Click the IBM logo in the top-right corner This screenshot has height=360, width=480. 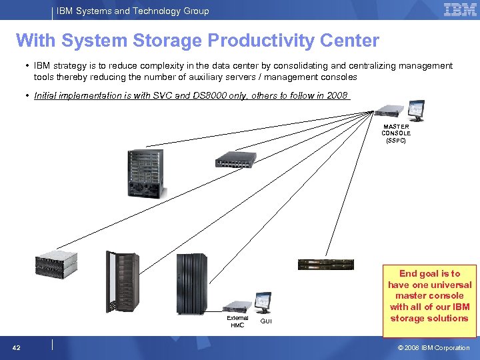point(459,10)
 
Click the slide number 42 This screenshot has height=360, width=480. point(16,347)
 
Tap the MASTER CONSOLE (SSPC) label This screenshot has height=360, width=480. point(396,133)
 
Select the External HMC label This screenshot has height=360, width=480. point(237,321)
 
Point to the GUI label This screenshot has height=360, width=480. point(266,321)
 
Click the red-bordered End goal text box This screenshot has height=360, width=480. point(429,296)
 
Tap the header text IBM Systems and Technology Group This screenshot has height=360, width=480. point(133,11)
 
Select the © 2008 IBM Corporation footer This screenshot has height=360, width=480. point(434,347)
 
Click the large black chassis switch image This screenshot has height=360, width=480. point(145,173)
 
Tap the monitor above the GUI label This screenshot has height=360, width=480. point(263,302)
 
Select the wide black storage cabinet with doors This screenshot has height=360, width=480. point(191,284)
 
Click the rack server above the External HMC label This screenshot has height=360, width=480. point(238,307)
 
